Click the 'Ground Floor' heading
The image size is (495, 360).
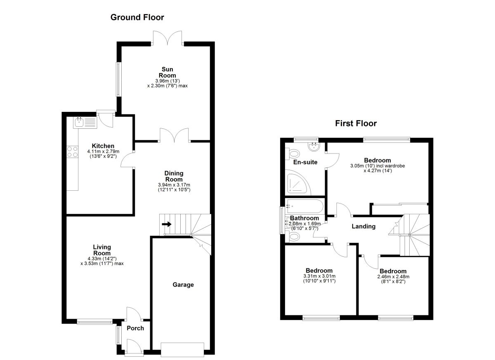coord(137,17)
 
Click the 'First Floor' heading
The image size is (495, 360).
coord(356,123)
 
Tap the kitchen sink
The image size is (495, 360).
coord(80,122)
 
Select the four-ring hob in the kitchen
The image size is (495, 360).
coord(73,152)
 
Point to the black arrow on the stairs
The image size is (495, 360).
coord(167,224)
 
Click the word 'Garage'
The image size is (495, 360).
coord(183,284)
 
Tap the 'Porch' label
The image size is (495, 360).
coord(135,328)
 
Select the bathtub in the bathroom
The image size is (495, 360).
coord(304,205)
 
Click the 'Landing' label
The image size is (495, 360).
coord(363,226)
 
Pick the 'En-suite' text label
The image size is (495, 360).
coord(305,162)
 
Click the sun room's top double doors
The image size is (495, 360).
coord(168,38)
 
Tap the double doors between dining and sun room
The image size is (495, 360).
coord(174,135)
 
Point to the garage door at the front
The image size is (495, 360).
coord(182,349)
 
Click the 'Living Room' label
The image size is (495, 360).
coord(101,250)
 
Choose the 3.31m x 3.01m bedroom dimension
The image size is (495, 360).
coord(319,276)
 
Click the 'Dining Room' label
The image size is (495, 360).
coord(173,176)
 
